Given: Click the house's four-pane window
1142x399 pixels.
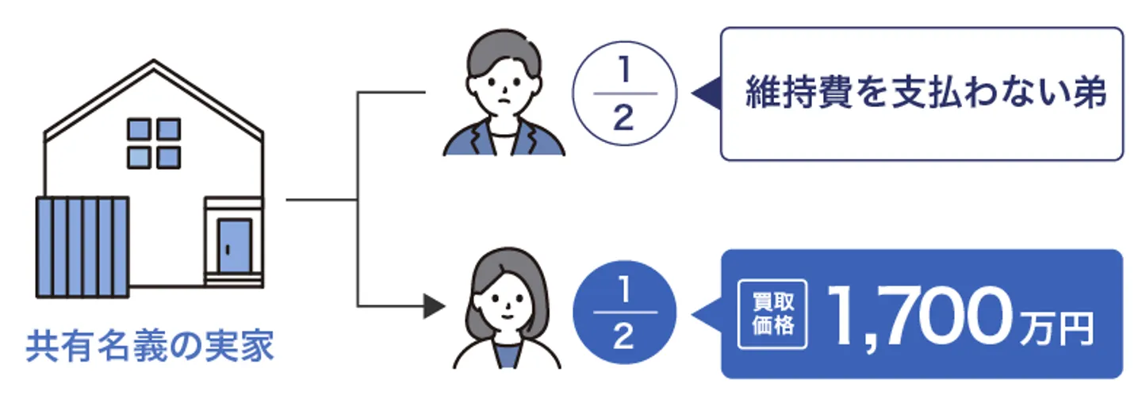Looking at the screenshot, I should pyautogui.click(x=154, y=143).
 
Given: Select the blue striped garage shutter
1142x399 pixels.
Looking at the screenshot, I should pyautogui.click(x=83, y=247).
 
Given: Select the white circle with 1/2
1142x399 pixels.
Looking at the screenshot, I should pyautogui.click(x=624, y=94).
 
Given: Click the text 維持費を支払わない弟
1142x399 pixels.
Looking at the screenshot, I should pyautogui.click(x=925, y=94).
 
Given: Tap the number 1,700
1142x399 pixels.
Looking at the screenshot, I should pyautogui.click(x=918, y=315).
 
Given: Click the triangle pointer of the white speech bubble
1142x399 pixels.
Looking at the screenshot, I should pyautogui.click(x=705, y=94).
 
